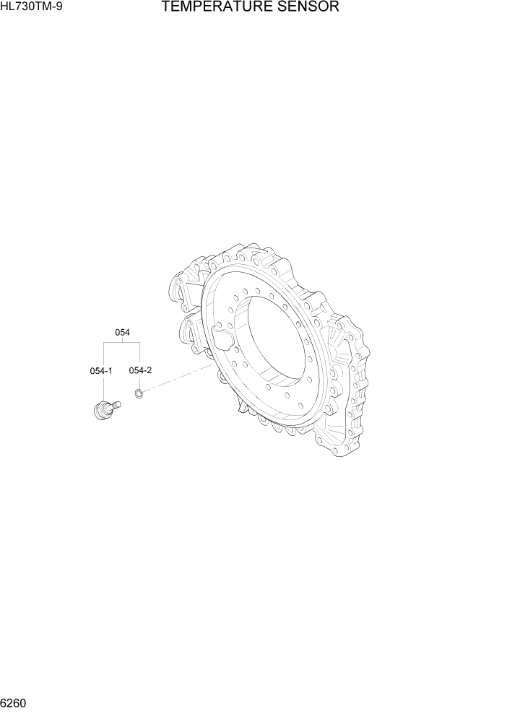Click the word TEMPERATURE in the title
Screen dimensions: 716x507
coord(214,8)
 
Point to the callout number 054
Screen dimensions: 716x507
coord(122,333)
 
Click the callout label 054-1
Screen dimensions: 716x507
coord(101,370)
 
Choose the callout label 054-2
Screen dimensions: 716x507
coord(140,370)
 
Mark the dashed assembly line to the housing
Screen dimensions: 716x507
coord(177,380)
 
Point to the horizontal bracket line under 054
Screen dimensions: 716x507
coord(121,345)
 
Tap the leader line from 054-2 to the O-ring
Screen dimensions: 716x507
coord(139,381)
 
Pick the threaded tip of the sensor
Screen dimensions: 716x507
coord(116,405)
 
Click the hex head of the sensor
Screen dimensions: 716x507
coord(99,412)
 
